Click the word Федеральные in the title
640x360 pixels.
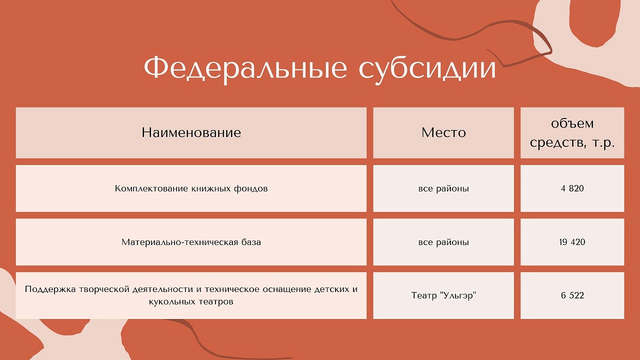(245, 68)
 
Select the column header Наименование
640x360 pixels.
(191, 132)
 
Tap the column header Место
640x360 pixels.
(443, 132)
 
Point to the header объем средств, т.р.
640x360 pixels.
(572, 133)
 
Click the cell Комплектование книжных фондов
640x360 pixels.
(191, 188)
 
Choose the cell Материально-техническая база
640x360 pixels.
(191, 242)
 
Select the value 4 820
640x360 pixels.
(572, 188)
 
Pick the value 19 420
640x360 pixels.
(572, 242)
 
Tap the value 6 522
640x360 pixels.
(572, 295)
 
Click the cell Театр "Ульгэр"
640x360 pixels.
(443, 295)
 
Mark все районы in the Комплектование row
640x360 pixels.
(443, 188)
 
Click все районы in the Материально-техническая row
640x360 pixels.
(443, 242)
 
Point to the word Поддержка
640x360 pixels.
(50, 289)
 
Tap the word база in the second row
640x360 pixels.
(251, 242)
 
